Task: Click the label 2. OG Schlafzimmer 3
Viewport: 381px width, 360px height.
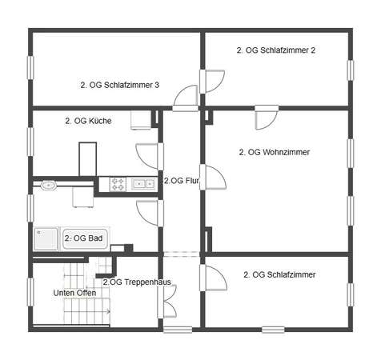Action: tap(120, 85)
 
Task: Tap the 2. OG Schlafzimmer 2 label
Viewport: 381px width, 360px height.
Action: tap(276, 50)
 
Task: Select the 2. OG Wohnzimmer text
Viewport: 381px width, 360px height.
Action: tap(275, 152)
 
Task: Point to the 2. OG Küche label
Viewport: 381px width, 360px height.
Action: tap(88, 121)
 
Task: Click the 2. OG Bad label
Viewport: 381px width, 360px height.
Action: tap(83, 238)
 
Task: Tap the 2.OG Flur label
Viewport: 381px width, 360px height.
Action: tap(182, 181)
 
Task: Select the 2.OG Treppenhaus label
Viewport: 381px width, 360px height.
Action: tap(137, 282)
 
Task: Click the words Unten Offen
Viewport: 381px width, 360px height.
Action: tap(74, 293)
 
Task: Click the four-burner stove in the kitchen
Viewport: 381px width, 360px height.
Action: tap(118, 184)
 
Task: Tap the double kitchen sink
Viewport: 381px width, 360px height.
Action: tap(144, 184)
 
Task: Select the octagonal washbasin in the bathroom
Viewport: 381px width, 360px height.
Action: tap(49, 185)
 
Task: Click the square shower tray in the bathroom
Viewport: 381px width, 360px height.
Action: tap(46, 239)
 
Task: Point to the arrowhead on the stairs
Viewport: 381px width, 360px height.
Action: tap(108, 311)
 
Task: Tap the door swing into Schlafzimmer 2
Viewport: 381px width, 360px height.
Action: tap(215, 82)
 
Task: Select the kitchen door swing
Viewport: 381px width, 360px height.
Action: tap(146, 156)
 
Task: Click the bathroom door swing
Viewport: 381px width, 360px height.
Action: tap(147, 214)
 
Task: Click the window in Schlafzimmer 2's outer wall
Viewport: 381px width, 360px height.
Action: tap(351, 70)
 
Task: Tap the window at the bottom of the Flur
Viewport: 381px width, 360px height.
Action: tap(178, 330)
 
